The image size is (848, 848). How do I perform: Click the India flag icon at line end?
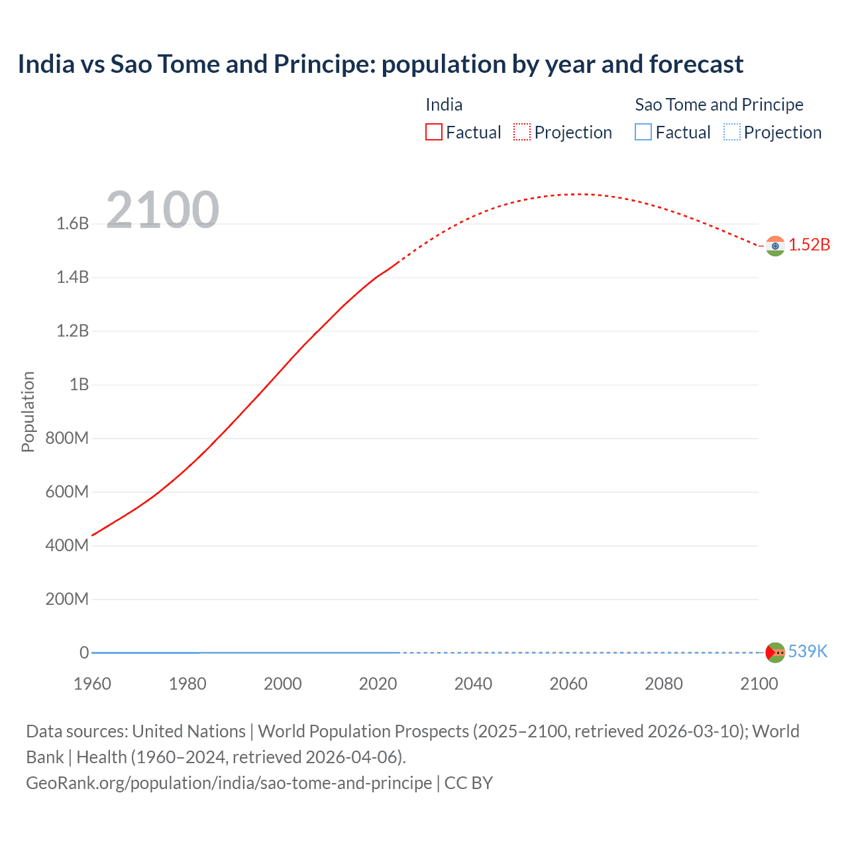coord(775,246)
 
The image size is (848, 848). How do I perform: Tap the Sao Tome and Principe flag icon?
coord(775,652)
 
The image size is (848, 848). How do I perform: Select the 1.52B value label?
coord(809,244)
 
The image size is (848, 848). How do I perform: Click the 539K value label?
coord(808,651)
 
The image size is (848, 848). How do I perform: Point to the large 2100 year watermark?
coord(162,210)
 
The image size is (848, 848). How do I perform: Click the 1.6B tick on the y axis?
coord(73,224)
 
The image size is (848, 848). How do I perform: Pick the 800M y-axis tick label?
coord(67,438)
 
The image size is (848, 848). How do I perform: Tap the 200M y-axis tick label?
coord(67,600)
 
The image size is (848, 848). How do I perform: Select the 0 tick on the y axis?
coord(84,653)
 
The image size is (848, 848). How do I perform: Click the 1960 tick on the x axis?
coord(92,684)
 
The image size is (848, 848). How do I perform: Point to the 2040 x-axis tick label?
coord(473,684)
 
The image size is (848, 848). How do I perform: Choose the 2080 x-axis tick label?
coord(663,684)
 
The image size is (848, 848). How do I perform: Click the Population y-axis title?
coord(28,411)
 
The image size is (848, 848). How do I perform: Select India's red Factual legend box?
coord(433,132)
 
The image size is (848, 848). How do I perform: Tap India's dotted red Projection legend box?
coord(522,132)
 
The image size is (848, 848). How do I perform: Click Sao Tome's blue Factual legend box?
coord(643,132)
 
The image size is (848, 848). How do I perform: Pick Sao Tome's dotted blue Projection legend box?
coord(731,132)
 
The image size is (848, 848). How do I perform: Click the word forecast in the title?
coord(696,64)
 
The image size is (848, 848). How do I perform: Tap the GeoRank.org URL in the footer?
coord(229,783)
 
